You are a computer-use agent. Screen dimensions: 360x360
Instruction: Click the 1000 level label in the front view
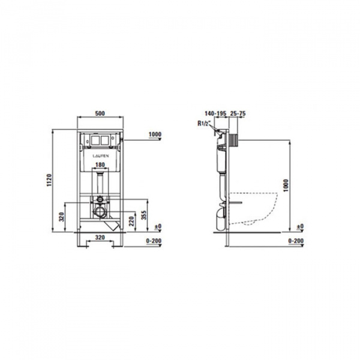coord(154,134)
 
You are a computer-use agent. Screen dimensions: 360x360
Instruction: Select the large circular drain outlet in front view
coord(100,211)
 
